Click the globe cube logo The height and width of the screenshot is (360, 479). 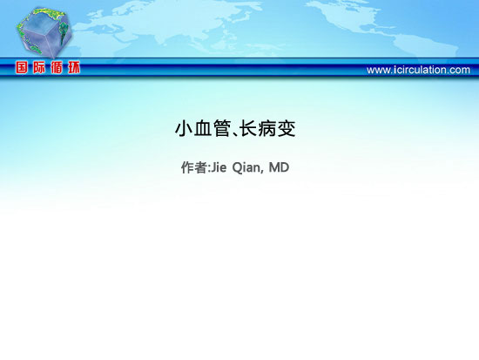click(x=44, y=32)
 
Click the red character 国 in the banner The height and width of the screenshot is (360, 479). click(x=22, y=67)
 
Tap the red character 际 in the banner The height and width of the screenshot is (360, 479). click(x=39, y=67)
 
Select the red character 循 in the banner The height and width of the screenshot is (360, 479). click(x=57, y=67)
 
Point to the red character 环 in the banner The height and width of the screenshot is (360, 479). click(x=74, y=67)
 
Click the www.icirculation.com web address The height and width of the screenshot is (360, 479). click(x=418, y=70)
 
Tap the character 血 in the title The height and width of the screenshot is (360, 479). click(x=203, y=128)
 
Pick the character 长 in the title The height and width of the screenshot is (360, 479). click(x=247, y=128)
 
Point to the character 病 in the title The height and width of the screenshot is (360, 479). click(x=267, y=128)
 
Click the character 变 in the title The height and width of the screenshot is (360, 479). click(x=287, y=128)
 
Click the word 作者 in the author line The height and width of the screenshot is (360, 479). click(x=194, y=167)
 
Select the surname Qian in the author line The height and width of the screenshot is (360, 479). click(x=246, y=167)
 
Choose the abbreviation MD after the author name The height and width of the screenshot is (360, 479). click(x=279, y=167)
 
